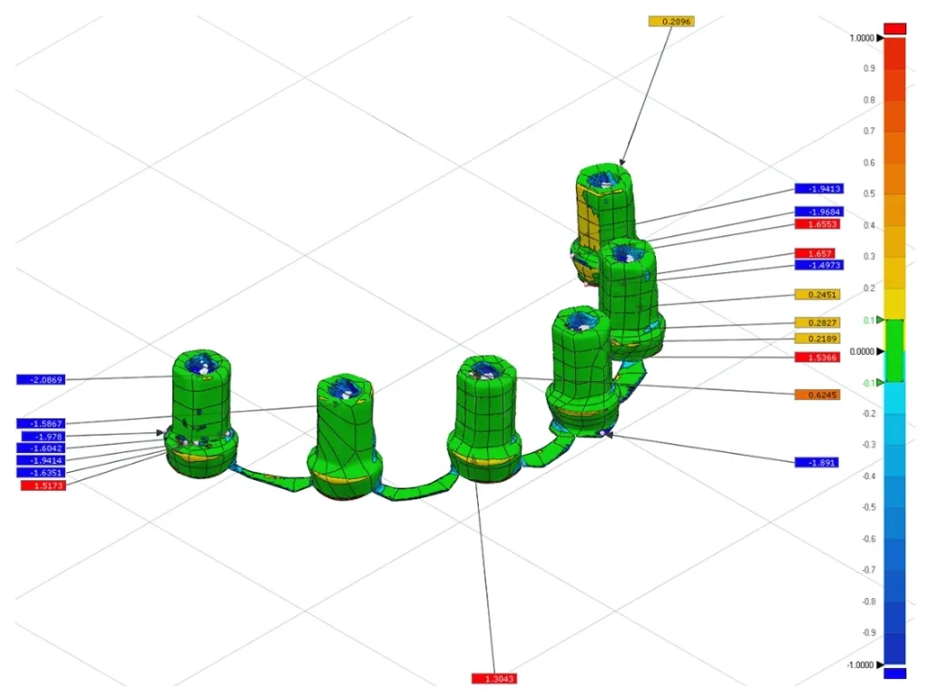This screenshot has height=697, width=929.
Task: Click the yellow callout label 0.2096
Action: [x=671, y=22]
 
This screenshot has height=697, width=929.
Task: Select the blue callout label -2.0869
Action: [x=41, y=379]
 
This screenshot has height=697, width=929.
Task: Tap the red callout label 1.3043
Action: [x=494, y=679]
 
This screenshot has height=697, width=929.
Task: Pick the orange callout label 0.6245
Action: [x=817, y=395]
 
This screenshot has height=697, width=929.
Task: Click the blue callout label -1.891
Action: [x=817, y=462]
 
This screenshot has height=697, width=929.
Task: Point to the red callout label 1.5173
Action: [x=44, y=486]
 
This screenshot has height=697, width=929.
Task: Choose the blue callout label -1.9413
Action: [x=819, y=189]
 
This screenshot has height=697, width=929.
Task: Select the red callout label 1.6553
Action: [x=817, y=224]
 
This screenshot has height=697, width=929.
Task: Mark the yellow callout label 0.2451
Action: [x=817, y=295]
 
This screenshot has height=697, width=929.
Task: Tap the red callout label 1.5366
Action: [x=817, y=358]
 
